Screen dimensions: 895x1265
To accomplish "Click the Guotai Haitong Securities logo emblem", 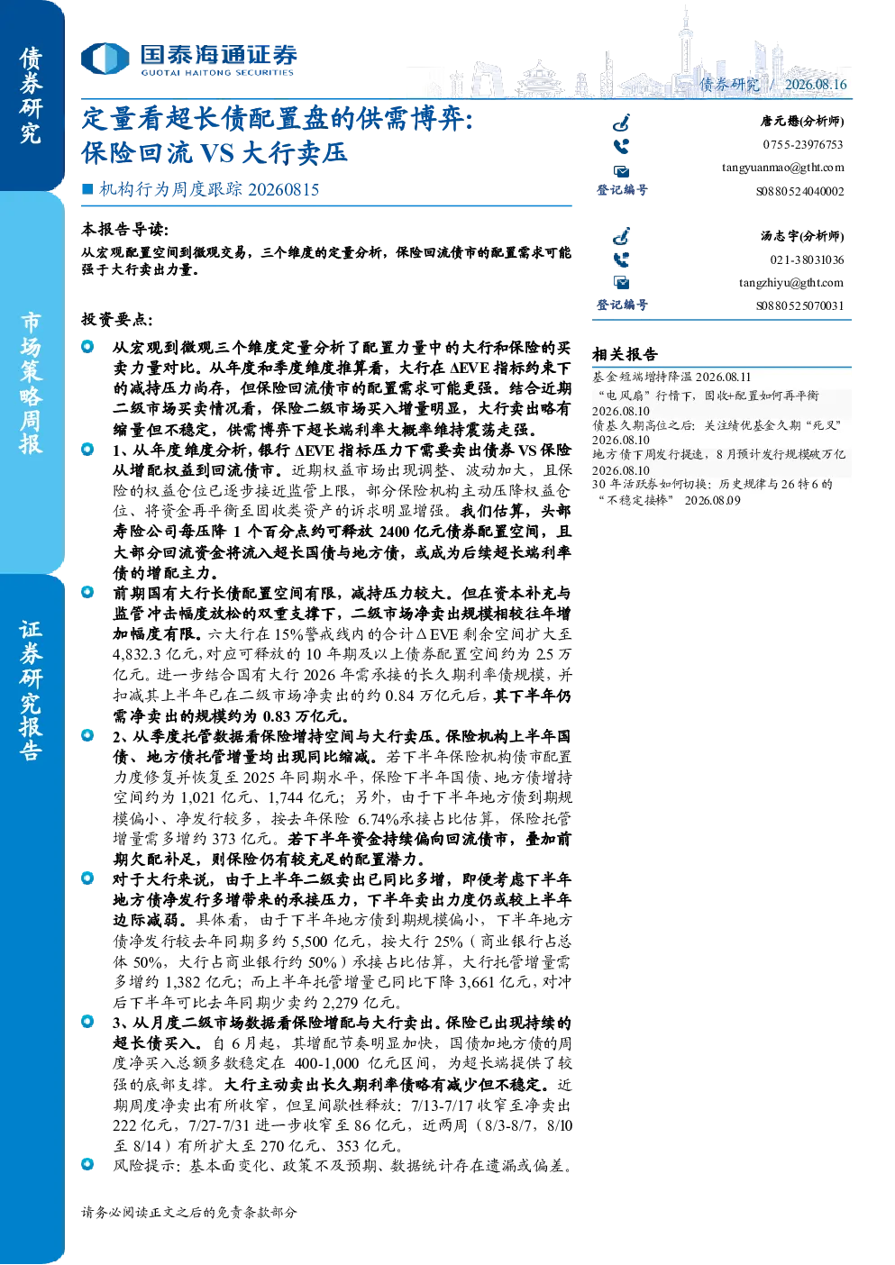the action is pos(105,59).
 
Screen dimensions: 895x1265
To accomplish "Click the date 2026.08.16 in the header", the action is pos(816,84).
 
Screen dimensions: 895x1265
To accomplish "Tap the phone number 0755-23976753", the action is pos(802,144).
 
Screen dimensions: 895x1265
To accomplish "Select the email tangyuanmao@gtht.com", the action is pos(782,168).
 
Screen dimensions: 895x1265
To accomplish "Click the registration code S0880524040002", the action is pos(799,191).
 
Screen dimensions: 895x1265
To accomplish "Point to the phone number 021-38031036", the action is pos(807,259).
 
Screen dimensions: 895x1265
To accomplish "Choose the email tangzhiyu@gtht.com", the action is pos(791,283).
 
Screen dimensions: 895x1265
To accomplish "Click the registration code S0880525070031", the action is pos(799,306).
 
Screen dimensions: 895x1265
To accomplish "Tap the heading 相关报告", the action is pos(625,354).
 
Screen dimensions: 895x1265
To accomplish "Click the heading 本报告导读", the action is pos(125,229).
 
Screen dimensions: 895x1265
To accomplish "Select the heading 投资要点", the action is pos(117,320).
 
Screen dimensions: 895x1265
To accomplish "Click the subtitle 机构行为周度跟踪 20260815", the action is pos(209,189).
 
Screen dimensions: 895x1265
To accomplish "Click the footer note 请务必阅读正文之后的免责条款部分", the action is pos(188,1212).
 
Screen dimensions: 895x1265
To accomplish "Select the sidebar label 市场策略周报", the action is pos(31,384).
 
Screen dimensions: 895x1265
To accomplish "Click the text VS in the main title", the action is pos(217,153).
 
